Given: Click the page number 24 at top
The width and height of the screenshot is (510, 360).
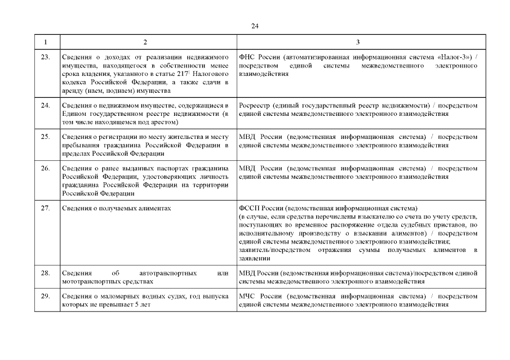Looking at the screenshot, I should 255,26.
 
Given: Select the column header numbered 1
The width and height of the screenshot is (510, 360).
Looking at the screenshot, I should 46,43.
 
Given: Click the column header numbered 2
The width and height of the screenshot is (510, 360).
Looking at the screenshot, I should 145,43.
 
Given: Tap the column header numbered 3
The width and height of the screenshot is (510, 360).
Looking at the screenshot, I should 358,43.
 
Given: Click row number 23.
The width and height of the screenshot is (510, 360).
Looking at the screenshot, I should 46,58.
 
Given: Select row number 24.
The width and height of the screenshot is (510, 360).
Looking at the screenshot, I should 46,105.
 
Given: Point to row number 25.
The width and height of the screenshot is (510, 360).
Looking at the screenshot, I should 46,137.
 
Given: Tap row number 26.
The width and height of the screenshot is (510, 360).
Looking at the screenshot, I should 46,168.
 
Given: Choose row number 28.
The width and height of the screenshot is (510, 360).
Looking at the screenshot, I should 46,273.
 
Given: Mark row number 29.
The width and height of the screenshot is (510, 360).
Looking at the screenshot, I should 46,296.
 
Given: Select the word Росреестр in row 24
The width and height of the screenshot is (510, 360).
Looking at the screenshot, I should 256,105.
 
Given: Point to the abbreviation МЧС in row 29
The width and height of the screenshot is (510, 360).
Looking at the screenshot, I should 248,296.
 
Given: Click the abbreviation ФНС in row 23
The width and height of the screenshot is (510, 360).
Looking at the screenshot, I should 248,58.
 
